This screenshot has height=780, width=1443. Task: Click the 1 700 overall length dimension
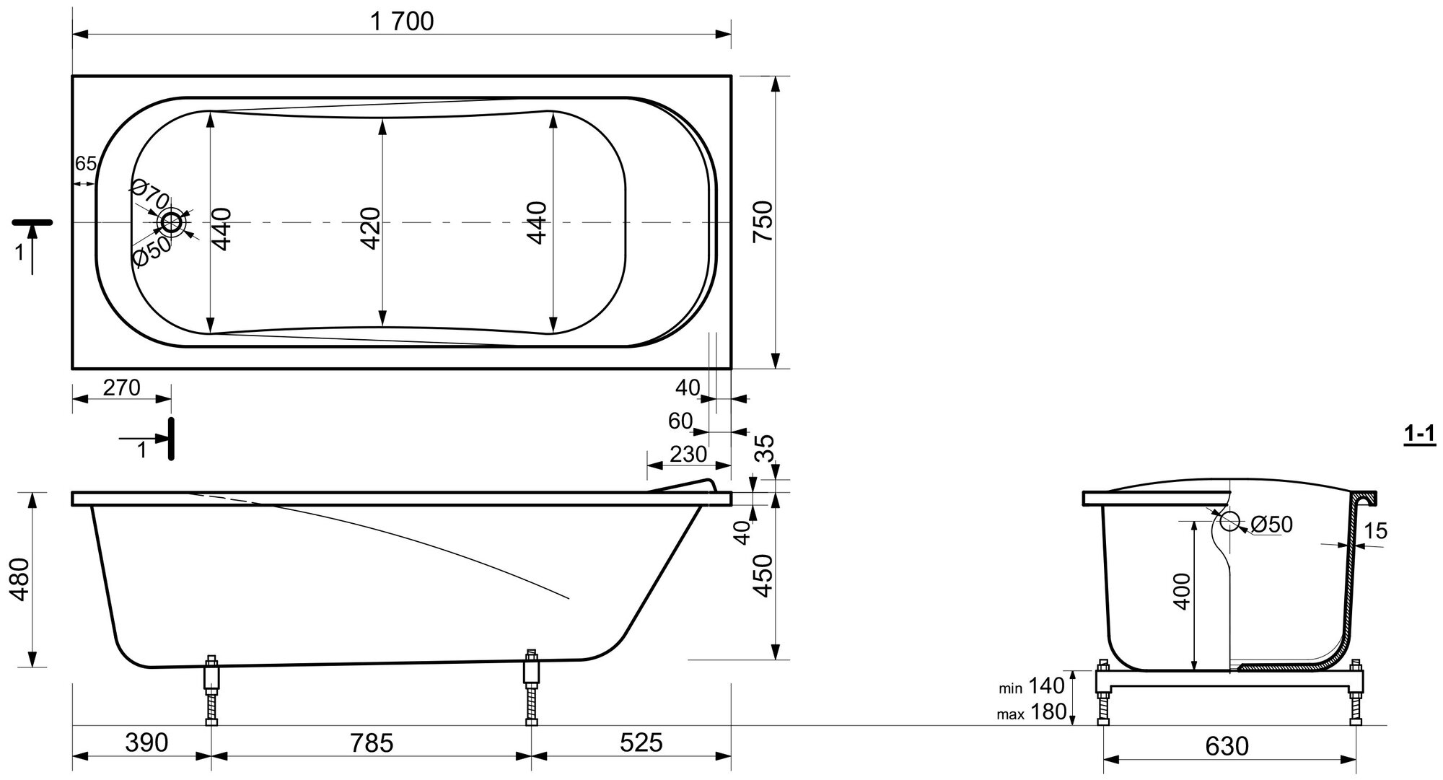[402, 22]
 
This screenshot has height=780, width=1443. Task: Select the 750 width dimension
[763, 222]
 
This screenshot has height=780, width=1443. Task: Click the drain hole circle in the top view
[172, 222]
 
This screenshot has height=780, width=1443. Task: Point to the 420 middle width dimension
[370, 228]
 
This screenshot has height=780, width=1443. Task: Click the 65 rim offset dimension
[85, 164]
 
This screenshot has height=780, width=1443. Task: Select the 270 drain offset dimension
[121, 388]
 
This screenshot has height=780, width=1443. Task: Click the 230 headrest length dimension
[688, 455]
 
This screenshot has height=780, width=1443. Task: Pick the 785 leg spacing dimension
[372, 742]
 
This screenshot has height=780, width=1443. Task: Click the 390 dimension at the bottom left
[146, 742]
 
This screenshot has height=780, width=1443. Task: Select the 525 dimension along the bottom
[641, 742]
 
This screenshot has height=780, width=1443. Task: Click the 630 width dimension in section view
[1227, 745]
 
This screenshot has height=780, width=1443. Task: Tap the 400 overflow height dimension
[1182, 592]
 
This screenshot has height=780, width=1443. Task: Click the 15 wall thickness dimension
[1376, 531]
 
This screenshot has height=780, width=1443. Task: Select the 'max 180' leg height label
[1031, 712]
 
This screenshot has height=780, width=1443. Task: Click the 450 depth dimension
[763, 575]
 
